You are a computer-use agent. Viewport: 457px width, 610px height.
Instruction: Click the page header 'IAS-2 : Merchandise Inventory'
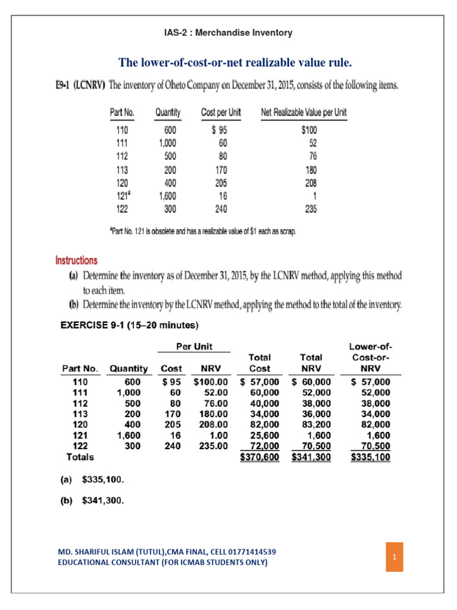pos(228,33)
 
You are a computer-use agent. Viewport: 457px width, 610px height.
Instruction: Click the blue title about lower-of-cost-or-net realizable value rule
pos(228,63)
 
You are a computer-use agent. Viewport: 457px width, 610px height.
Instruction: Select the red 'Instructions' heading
pos(76,260)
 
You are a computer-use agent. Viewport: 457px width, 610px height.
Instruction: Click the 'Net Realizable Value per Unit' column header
pos(304,112)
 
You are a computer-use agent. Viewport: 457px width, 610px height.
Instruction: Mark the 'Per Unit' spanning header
pos(194,346)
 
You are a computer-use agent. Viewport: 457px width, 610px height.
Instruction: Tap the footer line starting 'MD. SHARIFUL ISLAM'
pos(166,552)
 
